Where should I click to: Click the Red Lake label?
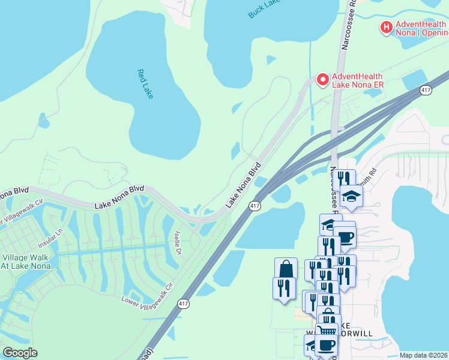point(145,84)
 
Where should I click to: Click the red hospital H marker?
point(387,27)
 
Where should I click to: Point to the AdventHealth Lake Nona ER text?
point(358,80)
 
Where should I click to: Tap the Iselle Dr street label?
point(178,243)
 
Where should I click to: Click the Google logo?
point(20,352)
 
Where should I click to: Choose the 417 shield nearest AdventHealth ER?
point(426,90)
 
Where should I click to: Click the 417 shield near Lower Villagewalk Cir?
point(183,304)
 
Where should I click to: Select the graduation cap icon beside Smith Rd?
point(351,196)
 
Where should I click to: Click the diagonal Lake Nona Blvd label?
point(244,185)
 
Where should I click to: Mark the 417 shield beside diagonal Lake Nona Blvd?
point(254,206)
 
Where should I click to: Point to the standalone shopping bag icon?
point(286,268)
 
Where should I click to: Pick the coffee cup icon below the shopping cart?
point(327,345)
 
